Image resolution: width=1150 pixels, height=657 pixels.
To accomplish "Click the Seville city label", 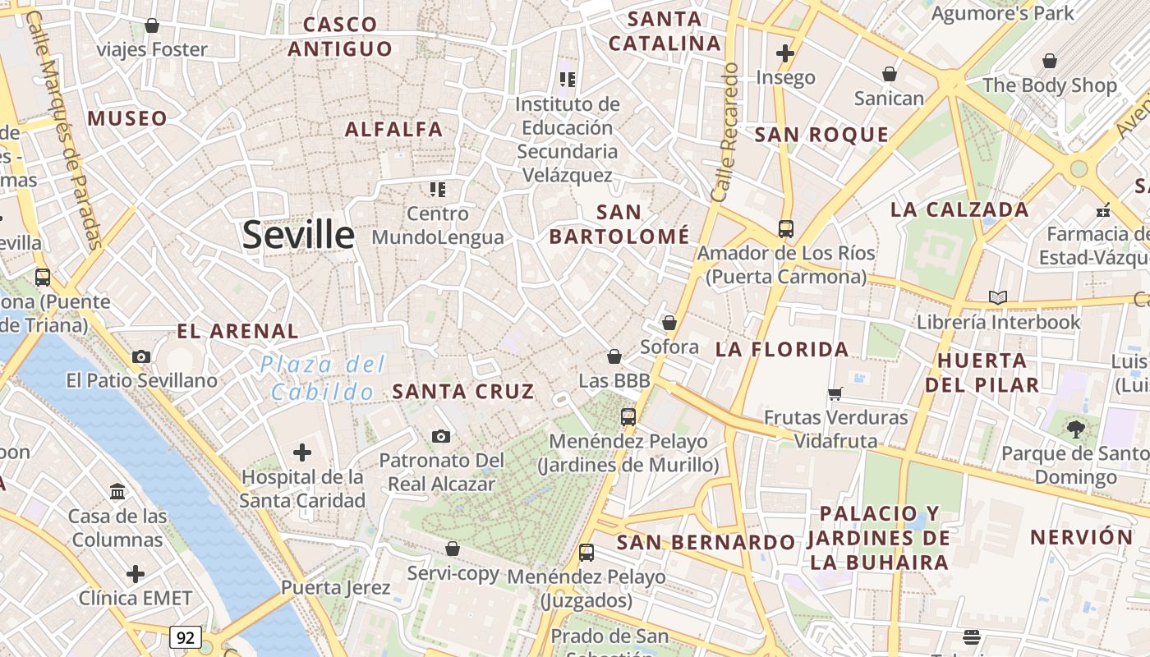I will pos(298,235).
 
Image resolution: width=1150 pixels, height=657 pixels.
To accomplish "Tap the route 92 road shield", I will pos(186,636).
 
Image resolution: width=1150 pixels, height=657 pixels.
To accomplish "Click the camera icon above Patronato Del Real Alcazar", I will pos(441,436).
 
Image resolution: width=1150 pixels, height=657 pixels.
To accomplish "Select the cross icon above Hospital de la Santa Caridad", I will pos(302,452).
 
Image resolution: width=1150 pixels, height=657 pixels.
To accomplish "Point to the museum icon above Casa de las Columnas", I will pos(117,491).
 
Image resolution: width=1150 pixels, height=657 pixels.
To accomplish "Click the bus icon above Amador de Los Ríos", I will pos(786,228).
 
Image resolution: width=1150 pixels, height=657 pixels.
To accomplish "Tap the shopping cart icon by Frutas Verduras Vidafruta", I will pos(835,393).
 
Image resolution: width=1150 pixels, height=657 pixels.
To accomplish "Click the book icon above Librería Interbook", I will pos(998,297).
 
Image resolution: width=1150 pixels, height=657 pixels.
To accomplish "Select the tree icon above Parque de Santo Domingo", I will pos(1075,428).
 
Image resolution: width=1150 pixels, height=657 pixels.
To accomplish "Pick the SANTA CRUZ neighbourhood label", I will pos(463,392).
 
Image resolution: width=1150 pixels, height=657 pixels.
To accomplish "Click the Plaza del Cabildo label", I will pos(329,378).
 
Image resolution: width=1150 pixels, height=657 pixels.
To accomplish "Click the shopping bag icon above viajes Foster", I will pos(152,25).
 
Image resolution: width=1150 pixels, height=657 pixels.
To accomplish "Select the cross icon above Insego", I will pos(785,53).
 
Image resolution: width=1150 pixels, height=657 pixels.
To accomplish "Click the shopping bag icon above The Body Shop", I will pos(1049,61).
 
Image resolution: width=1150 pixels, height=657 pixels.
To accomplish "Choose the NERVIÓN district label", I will pos(1082,537).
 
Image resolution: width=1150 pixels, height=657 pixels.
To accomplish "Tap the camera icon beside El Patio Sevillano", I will pos(141,356).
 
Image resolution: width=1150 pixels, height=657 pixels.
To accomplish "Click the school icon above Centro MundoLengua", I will pos(438,190).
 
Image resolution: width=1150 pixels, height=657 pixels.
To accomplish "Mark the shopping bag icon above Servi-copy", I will pos(453,548).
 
